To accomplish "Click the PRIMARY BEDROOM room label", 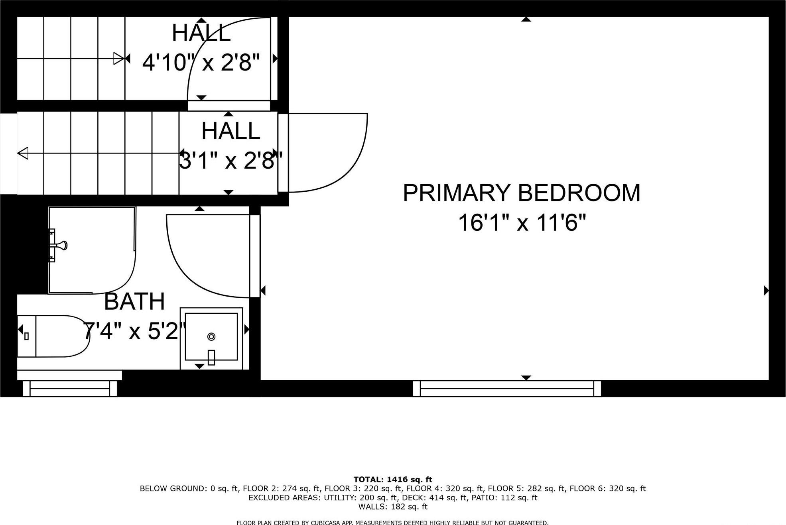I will (521, 193).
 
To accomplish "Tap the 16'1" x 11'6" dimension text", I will (522, 223).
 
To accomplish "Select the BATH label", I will (134, 302).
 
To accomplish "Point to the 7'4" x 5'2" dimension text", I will (134, 331).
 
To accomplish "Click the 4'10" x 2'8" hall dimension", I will (201, 63).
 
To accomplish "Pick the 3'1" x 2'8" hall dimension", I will (230, 161).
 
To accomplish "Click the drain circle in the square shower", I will (211, 337).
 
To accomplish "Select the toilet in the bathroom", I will (54, 336).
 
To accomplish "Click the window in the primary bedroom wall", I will (506, 388).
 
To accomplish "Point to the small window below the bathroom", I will (70, 388).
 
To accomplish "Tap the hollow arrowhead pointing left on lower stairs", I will (23, 153).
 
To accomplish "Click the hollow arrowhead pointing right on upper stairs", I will (119, 59).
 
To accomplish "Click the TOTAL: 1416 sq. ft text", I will (392, 480).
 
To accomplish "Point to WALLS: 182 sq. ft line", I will (392, 507).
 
